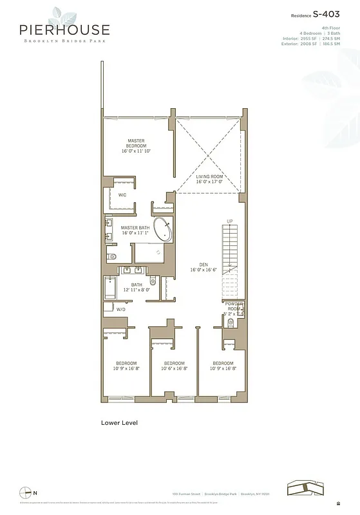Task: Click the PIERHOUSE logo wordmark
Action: click(x=64, y=30)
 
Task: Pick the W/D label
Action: click(x=120, y=310)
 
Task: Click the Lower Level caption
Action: click(x=119, y=423)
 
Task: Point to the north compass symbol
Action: click(x=26, y=492)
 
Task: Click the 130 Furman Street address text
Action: click(x=186, y=494)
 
